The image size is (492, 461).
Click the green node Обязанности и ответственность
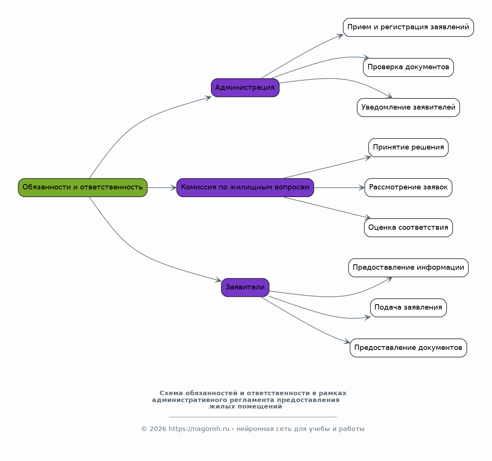coord(83,188)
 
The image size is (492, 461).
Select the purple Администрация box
coord(245,87)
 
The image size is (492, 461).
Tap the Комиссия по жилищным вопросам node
coord(245,188)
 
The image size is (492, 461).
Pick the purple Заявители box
coord(245,288)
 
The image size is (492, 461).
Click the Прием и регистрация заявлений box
coord(408,27)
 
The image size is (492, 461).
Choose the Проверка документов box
coord(408,67)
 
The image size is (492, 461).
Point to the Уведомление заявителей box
coord(408,107)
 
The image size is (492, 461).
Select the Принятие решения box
coord(408,148)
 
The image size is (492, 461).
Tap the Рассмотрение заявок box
coord(408,188)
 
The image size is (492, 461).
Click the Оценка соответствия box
coord(408,228)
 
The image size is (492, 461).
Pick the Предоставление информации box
coord(408,268)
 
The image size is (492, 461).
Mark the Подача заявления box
coord(408,308)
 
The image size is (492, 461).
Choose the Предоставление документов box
coord(408,348)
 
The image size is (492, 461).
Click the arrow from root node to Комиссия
coord(162,188)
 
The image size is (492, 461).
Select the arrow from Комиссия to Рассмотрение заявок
coord(339,188)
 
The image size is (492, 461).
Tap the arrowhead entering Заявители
coord(219,280)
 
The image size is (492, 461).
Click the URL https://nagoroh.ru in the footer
coord(199,429)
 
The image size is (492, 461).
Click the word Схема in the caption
coord(171,393)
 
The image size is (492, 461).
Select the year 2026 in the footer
coord(158,429)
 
